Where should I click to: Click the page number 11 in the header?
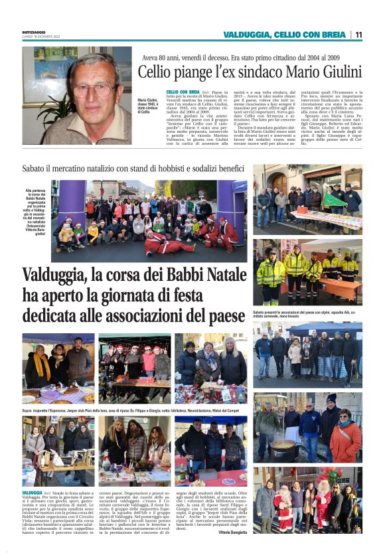tap(358, 35)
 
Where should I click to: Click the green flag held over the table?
tap(334, 199)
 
